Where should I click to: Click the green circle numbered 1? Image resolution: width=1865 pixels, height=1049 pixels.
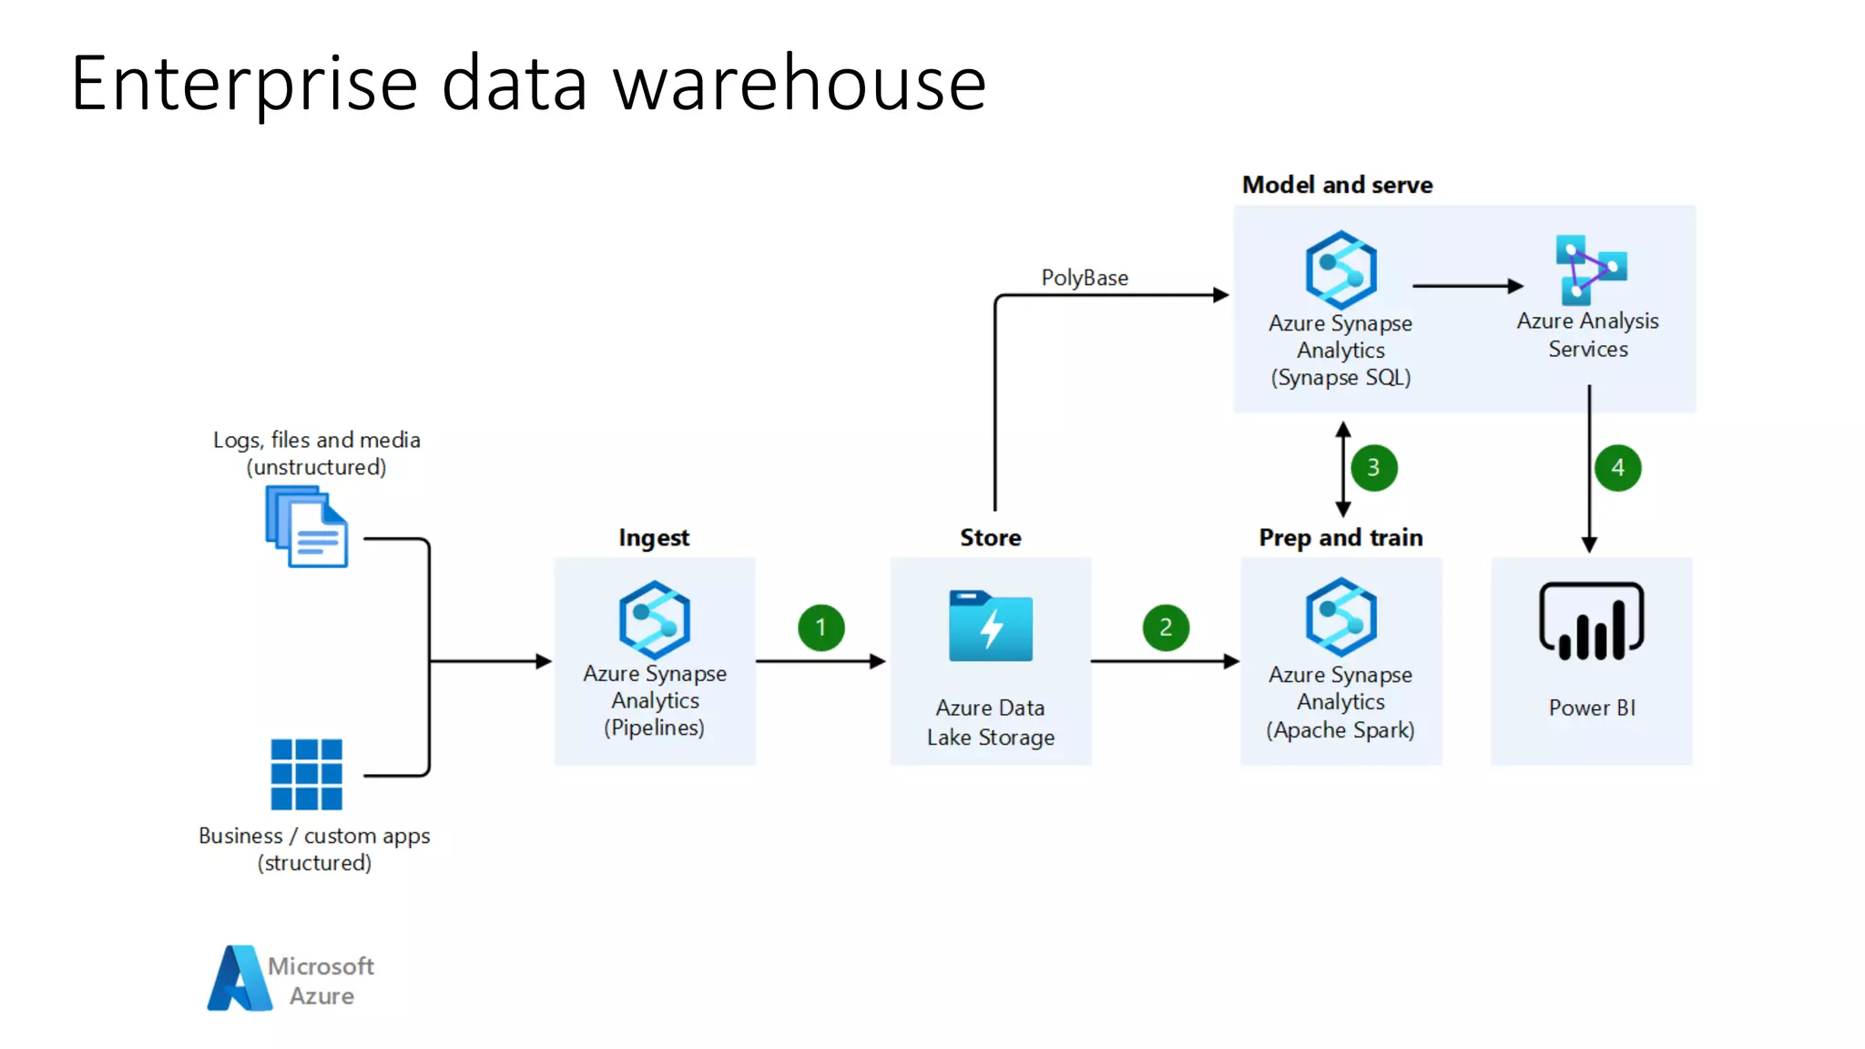pyautogui.click(x=820, y=627)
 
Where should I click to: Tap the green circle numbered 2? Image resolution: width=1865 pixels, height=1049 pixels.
pyautogui.click(x=1166, y=627)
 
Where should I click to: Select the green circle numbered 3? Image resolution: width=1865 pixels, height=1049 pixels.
pyautogui.click(x=1373, y=468)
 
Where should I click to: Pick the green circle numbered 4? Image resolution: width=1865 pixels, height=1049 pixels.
pyautogui.click(x=1617, y=468)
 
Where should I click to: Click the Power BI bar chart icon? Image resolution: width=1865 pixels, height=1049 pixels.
pyautogui.click(x=1591, y=622)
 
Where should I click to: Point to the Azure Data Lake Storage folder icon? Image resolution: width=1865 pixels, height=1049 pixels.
pyautogui.click(x=991, y=626)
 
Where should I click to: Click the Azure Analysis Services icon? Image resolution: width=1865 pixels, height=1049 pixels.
pyautogui.click(x=1590, y=270)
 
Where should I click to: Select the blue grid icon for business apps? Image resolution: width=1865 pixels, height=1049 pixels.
pyautogui.click(x=307, y=774)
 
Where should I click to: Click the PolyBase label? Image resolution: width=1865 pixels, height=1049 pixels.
pyautogui.click(x=1085, y=278)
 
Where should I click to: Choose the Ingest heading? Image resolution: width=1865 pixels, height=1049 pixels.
pyautogui.click(x=654, y=537)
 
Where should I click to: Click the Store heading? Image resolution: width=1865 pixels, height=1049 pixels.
pyautogui.click(x=991, y=537)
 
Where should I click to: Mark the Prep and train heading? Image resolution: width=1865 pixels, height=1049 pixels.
pyautogui.click(x=1340, y=537)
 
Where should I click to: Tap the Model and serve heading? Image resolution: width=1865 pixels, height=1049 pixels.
pyautogui.click(x=1337, y=185)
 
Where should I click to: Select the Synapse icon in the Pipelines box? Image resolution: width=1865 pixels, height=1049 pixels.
pyautogui.click(x=654, y=620)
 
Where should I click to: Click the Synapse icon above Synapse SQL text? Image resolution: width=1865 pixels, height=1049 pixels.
pyautogui.click(x=1340, y=270)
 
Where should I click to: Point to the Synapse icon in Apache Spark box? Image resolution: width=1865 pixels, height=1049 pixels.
pyautogui.click(x=1340, y=617)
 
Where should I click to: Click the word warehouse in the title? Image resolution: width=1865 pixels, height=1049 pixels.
pyautogui.click(x=800, y=84)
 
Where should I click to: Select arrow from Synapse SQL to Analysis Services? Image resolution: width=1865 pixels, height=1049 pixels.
pyautogui.click(x=1467, y=286)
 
